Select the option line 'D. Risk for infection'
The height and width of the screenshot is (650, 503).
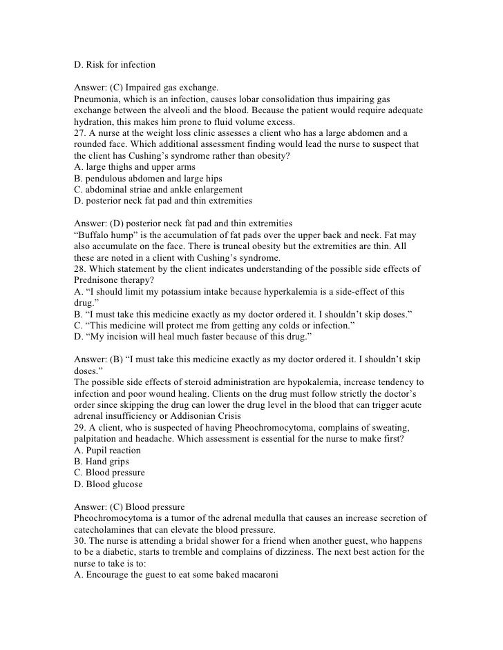(x=115, y=66)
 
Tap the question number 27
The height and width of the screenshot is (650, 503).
(x=79, y=133)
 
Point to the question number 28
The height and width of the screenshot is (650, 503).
(x=79, y=268)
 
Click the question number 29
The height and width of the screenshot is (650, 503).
(x=79, y=426)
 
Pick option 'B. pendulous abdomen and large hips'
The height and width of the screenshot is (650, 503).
(x=146, y=178)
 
